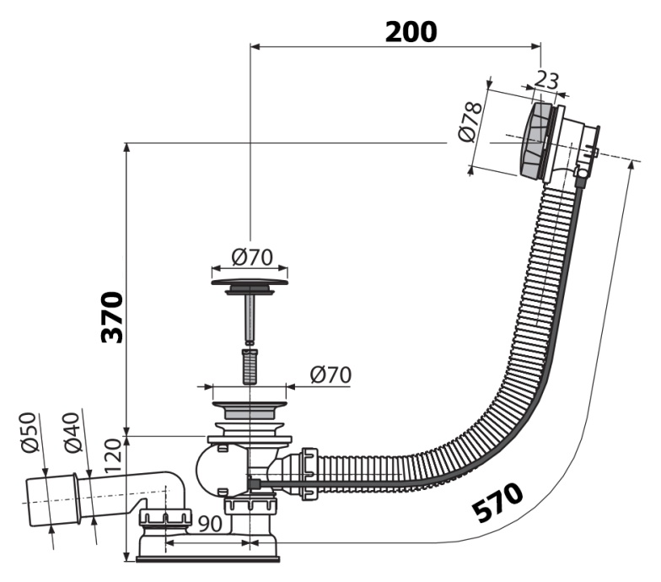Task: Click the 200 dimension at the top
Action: tap(411, 31)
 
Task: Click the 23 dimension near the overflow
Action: tap(546, 81)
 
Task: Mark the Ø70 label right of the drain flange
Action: tap(330, 374)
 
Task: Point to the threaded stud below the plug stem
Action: tap(249, 364)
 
